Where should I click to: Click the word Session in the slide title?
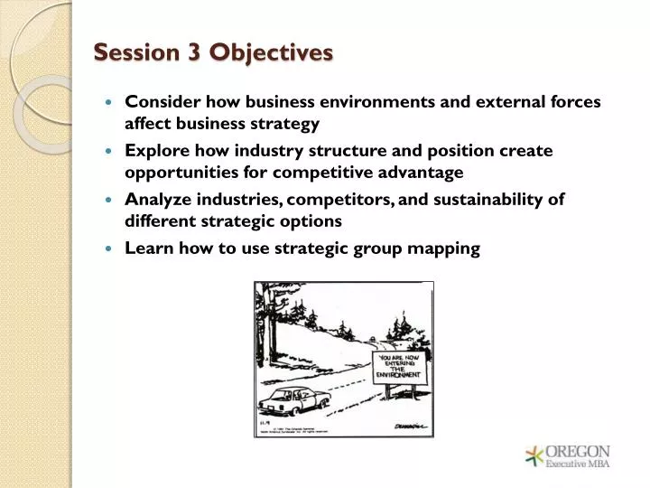click(x=136, y=53)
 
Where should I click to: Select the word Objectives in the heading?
click(x=272, y=53)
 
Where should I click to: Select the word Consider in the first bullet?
click(x=161, y=102)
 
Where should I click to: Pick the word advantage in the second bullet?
click(x=423, y=172)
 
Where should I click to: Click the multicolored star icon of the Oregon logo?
click(x=534, y=456)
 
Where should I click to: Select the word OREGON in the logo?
click(x=580, y=451)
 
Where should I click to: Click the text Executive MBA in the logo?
click(x=579, y=465)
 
